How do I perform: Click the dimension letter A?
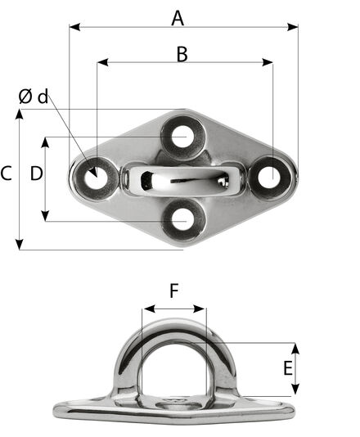[x=178, y=18]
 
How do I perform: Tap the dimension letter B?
[x=182, y=54]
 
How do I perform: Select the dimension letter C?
[x=6, y=173]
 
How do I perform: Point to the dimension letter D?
[x=37, y=173]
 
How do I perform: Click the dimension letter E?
[x=288, y=368]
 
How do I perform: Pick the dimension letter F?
[x=174, y=291]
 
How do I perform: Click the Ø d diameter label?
[x=34, y=97]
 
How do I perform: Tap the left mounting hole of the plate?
[x=96, y=178]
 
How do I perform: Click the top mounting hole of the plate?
[x=182, y=137]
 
